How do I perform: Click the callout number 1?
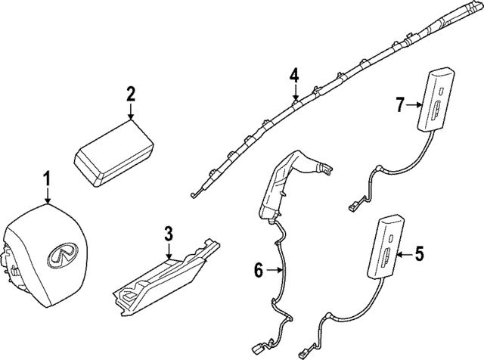point(47,180)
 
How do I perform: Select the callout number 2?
point(131,94)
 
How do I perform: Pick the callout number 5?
point(420,256)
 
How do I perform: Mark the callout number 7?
point(401,105)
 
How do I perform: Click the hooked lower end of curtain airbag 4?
point(195,195)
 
